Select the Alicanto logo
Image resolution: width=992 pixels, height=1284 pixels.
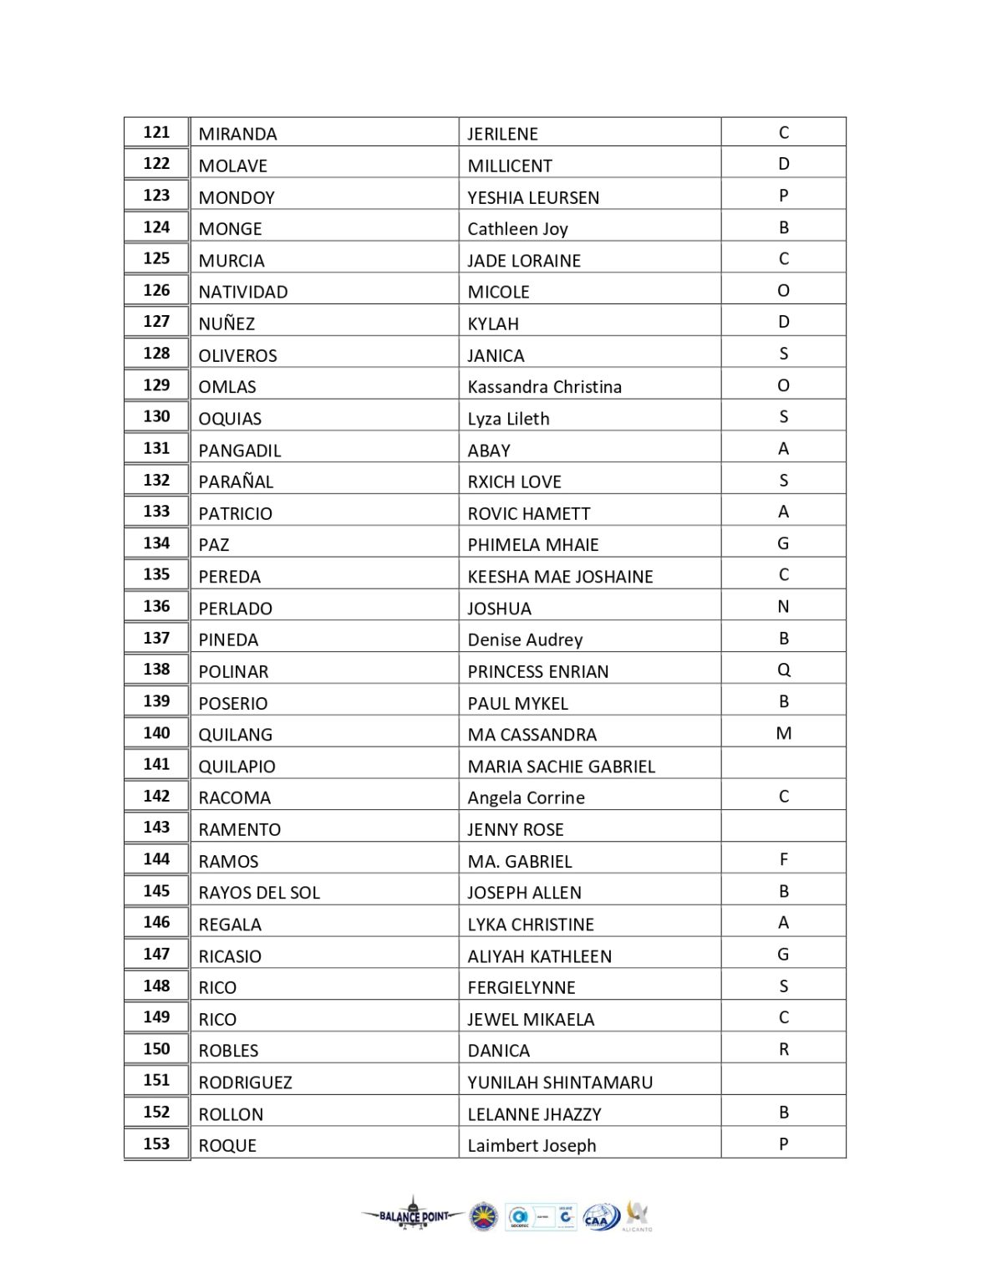point(638,1215)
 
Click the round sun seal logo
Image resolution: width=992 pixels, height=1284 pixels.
point(484,1217)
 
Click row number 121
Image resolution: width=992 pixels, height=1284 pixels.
point(156,133)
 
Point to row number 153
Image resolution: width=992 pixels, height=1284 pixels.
point(156,1144)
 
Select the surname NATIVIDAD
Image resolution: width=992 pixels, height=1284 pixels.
point(243,292)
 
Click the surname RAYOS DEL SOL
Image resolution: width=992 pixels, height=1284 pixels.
point(259,892)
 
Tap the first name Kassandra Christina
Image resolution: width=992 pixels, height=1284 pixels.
point(544,387)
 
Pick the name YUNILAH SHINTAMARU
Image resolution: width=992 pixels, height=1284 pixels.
point(560,1082)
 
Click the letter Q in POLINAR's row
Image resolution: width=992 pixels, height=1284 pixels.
point(783,670)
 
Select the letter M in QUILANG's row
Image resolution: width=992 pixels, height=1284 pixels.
point(783,733)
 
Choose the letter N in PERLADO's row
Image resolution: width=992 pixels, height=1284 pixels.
point(783,607)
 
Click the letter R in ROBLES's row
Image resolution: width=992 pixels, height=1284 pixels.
point(783,1049)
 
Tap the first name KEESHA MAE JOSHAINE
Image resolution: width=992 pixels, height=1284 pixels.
point(560,576)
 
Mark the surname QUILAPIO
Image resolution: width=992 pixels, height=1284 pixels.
point(237,766)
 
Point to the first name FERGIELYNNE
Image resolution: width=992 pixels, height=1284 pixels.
point(521,987)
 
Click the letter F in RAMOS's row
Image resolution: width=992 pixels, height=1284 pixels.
point(783,859)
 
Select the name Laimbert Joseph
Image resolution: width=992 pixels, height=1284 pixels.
point(532,1145)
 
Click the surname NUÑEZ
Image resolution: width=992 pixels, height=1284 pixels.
point(226,324)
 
